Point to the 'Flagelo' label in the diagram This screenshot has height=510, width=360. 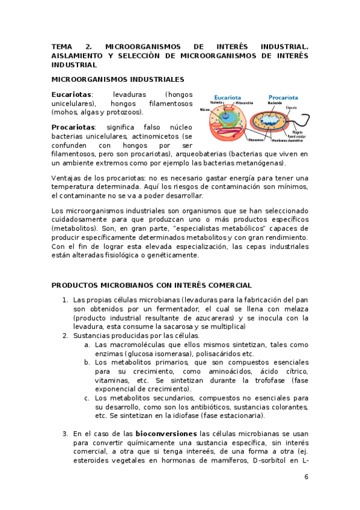click(297, 131)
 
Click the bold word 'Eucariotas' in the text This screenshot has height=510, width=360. click(72, 94)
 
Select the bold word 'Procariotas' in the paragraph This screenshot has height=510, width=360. click(73, 127)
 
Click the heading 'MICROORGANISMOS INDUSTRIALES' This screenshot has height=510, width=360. click(118, 79)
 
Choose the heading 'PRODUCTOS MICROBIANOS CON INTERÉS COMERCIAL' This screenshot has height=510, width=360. click(151, 285)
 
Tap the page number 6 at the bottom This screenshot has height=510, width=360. click(306, 477)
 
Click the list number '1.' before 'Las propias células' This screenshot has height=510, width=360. click(65, 300)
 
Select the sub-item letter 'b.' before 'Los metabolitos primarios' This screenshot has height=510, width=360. click(87, 362)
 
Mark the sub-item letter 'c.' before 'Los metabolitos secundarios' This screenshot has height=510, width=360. click(87, 398)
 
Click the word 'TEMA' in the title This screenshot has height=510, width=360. click(62, 46)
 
